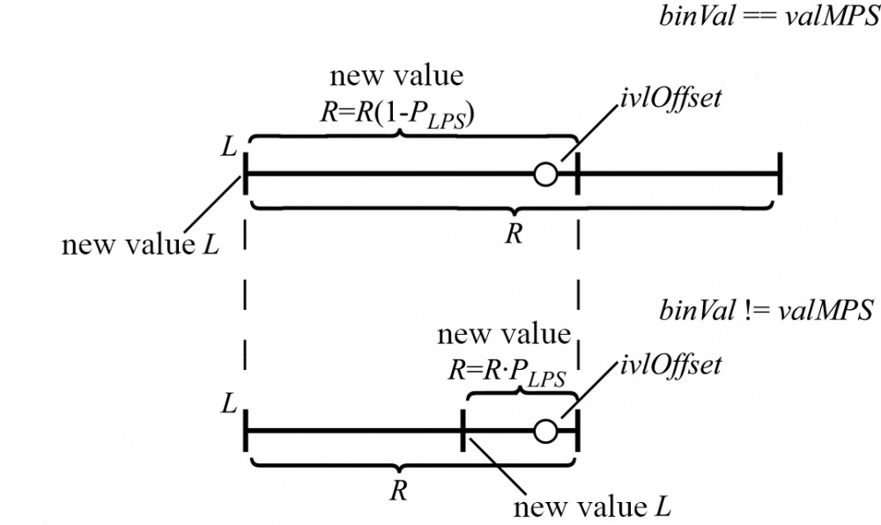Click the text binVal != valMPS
(x=766, y=311)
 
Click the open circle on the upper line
(x=545, y=174)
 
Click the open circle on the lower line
(x=545, y=431)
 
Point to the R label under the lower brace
(x=398, y=491)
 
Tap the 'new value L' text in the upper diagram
(x=139, y=244)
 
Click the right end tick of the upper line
(x=780, y=174)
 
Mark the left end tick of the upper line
(x=244, y=174)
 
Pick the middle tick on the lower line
(x=463, y=431)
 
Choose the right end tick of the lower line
(x=577, y=431)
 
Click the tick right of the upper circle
(x=577, y=174)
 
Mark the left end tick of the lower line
(x=244, y=431)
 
